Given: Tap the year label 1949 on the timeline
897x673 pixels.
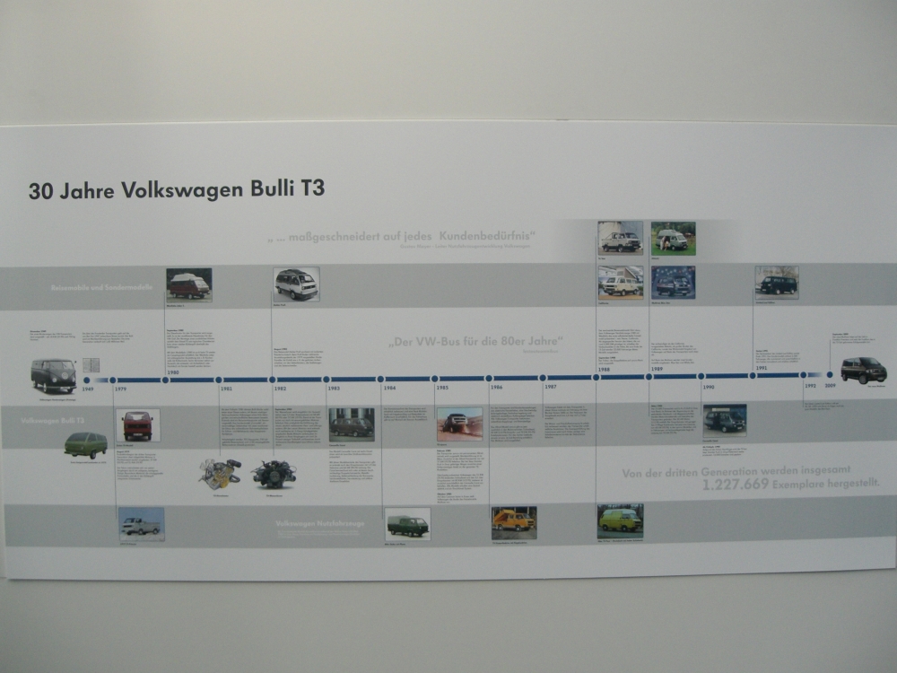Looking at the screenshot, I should tap(88, 389).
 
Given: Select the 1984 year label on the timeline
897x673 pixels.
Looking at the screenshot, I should tap(389, 388).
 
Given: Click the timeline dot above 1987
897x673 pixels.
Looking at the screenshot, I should tap(543, 378).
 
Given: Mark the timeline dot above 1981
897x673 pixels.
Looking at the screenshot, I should tap(218, 380).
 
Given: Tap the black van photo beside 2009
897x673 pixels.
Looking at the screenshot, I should tap(863, 370).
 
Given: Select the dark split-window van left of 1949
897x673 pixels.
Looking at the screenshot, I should tap(53, 375).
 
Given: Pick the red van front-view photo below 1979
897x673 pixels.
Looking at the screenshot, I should tap(138, 424).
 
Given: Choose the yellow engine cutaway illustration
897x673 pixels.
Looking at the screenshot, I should tap(219, 473).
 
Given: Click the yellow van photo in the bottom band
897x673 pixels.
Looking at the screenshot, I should tap(620, 520).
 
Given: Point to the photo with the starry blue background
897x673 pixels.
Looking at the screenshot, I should tap(673, 282).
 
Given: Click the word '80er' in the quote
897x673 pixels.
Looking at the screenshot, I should tap(511, 342).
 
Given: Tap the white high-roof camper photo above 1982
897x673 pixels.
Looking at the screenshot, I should tap(296, 284).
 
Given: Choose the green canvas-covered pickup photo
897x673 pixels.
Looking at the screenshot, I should tap(407, 523).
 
